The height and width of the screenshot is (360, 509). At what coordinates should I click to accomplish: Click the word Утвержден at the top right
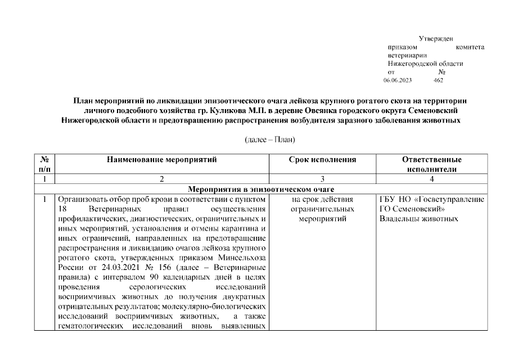coord(436,38)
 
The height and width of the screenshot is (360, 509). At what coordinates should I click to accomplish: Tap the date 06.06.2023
coord(398,80)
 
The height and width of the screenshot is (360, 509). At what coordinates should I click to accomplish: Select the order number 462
coord(439,80)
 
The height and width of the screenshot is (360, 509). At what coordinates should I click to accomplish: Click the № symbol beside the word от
coord(442,72)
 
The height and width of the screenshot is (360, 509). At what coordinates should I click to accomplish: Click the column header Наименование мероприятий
coord(161,160)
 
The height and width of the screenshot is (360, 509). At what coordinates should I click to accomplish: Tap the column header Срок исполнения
coord(322,160)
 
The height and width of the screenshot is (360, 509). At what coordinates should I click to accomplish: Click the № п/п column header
coord(44,164)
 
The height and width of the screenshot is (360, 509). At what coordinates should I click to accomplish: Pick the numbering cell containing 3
coord(322,179)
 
